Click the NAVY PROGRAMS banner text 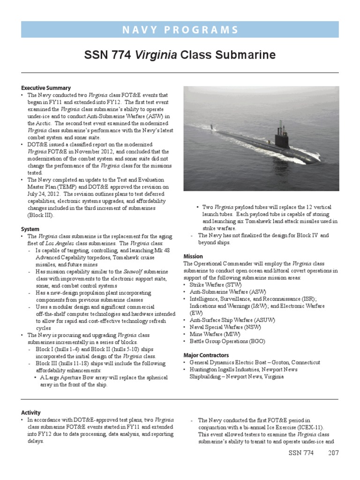180,30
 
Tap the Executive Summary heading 46,88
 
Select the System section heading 30,229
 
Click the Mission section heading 193,256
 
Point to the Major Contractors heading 206,355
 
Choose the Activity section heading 31,412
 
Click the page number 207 333,453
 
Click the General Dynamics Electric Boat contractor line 255,362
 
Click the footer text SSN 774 300,453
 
